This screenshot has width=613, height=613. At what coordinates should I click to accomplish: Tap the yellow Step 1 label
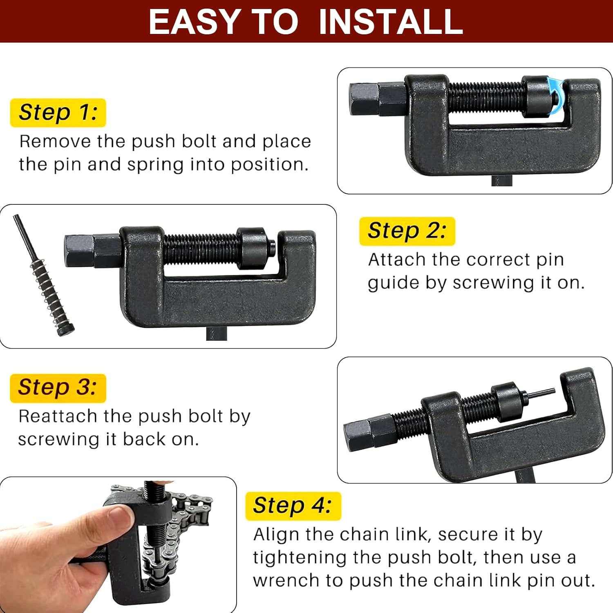(x=58, y=112)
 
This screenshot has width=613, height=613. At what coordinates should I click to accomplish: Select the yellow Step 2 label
(x=407, y=231)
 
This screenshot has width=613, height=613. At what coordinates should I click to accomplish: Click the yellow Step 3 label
(x=58, y=387)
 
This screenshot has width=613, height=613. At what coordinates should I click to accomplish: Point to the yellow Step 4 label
(x=293, y=506)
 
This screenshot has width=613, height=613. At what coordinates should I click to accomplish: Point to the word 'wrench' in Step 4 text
(x=286, y=580)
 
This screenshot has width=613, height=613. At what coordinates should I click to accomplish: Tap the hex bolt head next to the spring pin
(x=80, y=251)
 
